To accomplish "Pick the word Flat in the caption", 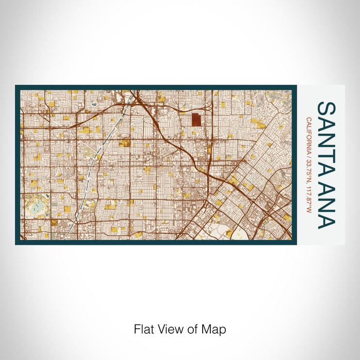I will click(x=143, y=329).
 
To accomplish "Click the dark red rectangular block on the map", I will click(x=197, y=120).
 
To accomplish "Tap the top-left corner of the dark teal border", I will click(x=16, y=86).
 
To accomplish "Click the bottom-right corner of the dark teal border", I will click(x=296, y=243).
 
